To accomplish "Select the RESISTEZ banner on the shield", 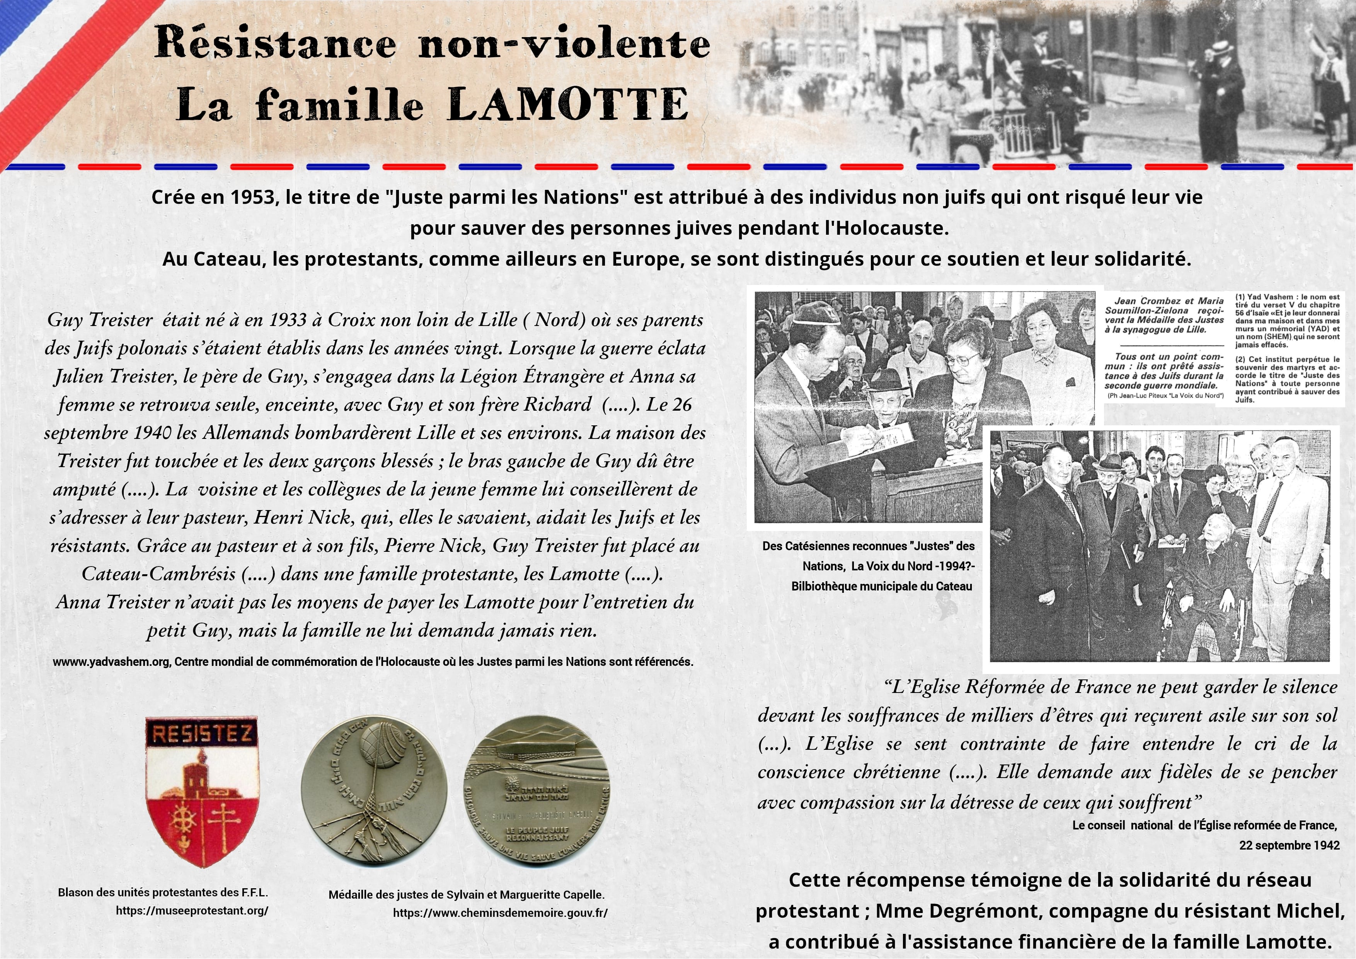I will tap(203, 734).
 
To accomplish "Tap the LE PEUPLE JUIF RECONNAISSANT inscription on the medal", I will tap(537, 833).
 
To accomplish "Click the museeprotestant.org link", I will tap(192, 911).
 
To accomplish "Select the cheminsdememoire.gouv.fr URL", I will tap(500, 913).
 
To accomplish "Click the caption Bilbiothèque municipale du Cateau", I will tap(881, 586).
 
